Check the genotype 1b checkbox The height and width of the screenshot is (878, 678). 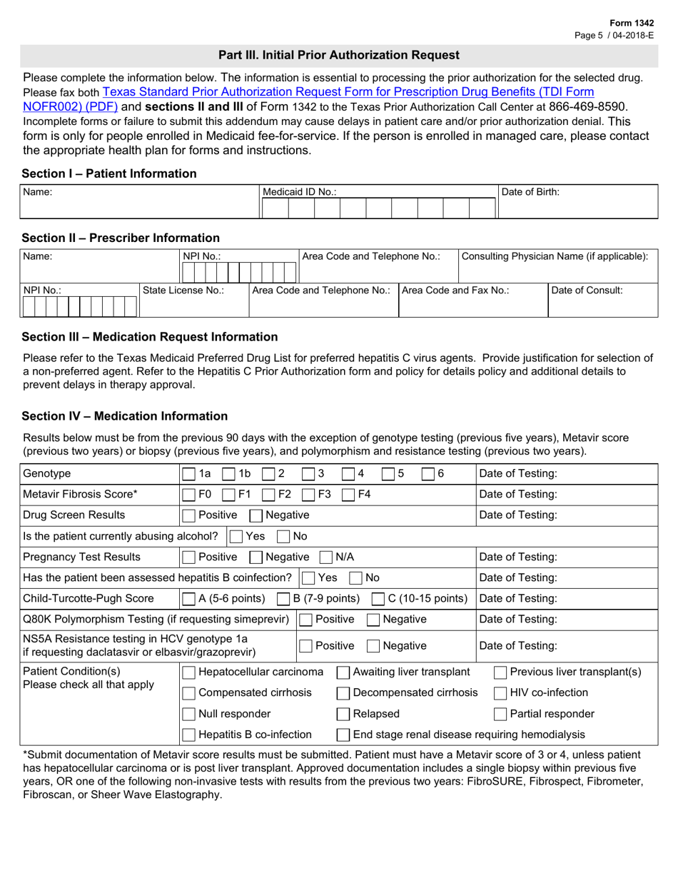pos(229,474)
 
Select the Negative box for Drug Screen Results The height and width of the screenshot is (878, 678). pos(255,515)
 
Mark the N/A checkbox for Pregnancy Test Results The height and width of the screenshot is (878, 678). pos(326,557)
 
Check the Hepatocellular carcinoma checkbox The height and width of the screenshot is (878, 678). pos(189,672)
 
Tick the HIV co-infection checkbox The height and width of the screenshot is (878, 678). pos(500,693)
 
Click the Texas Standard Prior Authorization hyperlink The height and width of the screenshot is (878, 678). pos(348,92)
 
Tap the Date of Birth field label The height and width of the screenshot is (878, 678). pos(531,192)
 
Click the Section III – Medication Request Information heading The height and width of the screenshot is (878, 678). pos(150,337)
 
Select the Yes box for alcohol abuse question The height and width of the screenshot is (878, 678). pos(234,536)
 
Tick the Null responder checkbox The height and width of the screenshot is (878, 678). pos(189,714)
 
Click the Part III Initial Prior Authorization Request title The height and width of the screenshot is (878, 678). pos(339,55)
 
